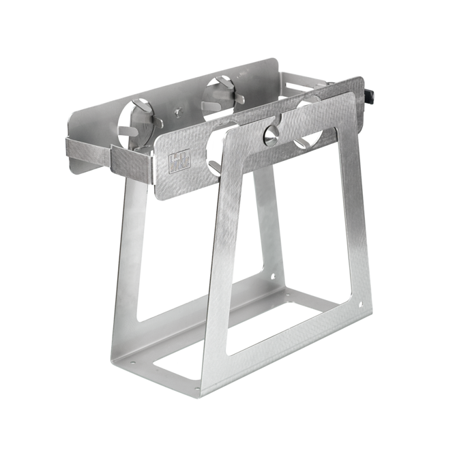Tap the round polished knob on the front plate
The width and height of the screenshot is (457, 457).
(270, 134)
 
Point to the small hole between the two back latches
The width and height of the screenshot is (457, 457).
(179, 111)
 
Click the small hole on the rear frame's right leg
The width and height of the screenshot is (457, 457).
(274, 277)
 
